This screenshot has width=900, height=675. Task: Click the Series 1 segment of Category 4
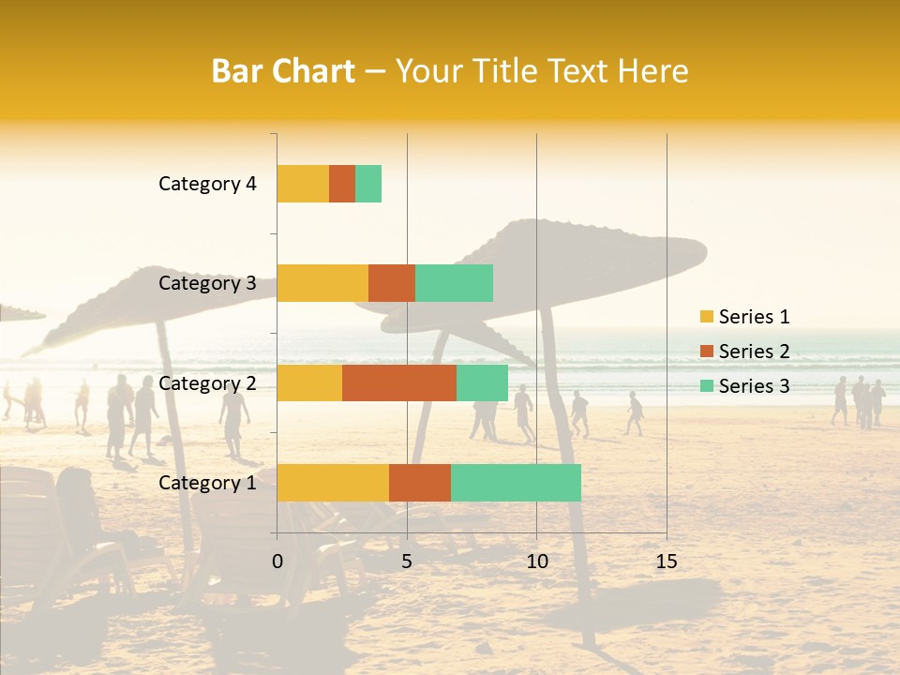point(303,184)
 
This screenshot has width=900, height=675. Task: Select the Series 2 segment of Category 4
point(342,184)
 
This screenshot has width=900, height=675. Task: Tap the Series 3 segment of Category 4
point(368,184)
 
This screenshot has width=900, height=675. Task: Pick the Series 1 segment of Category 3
point(322,283)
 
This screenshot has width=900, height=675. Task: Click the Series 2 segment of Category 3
point(392,283)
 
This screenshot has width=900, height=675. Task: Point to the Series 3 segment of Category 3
point(454,283)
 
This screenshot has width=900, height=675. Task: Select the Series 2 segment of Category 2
point(399,382)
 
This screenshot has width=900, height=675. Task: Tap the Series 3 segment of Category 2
point(482,382)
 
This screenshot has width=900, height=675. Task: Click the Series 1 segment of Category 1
point(333,483)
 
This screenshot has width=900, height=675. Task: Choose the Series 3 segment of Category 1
point(516,483)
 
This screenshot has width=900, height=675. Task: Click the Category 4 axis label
point(207,184)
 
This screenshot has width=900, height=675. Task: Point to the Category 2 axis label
point(207,382)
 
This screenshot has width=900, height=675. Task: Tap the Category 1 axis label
point(207,483)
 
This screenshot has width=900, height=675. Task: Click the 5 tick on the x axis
point(407,562)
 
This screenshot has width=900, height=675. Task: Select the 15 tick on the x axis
point(666,562)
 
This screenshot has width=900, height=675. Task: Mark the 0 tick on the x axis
point(277,562)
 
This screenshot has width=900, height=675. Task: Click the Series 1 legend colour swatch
point(707,317)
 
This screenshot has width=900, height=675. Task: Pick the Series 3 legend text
point(754,386)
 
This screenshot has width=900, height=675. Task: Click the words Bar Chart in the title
point(283,71)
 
